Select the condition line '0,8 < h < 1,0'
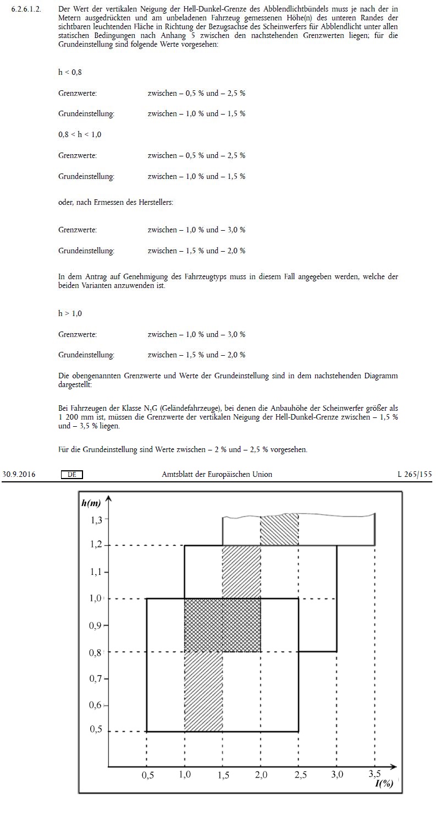pyautogui.click(x=80, y=134)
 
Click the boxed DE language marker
pyautogui.click(x=71, y=474)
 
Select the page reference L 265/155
pyautogui.click(x=415, y=474)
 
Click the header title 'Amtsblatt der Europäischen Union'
pyautogui.click(x=217, y=474)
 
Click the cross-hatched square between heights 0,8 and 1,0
pyautogui.click(x=222, y=625)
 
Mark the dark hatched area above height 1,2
pyautogui.click(x=279, y=530)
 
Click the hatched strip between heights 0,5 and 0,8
pyautogui.click(x=203, y=692)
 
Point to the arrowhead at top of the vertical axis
pyautogui.click(x=108, y=499)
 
